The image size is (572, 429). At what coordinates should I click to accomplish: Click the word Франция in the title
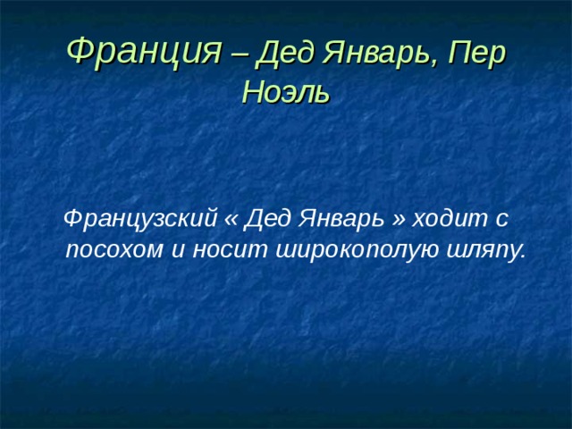tap(143, 50)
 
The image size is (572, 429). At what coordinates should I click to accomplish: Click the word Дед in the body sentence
tap(265, 217)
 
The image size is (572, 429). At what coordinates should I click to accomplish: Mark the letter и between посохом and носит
tap(177, 250)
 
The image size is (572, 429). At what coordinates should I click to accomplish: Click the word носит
tap(219, 250)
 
